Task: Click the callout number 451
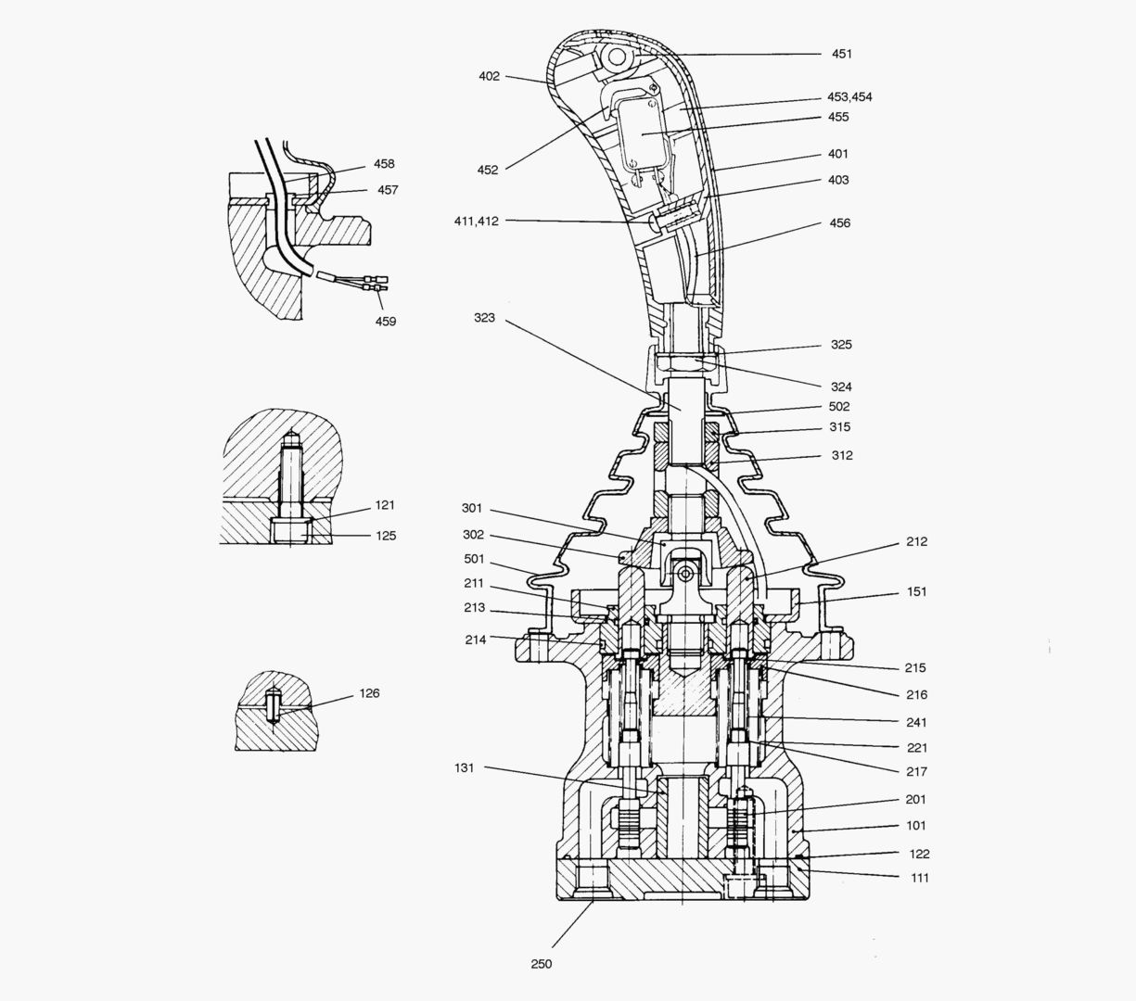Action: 841,54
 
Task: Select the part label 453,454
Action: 849,96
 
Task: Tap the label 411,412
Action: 477,221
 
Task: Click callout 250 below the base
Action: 542,964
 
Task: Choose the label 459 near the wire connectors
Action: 385,321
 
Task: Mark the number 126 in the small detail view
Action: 368,692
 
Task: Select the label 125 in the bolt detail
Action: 386,535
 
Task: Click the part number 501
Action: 474,559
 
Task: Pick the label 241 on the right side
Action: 916,722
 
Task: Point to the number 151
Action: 916,591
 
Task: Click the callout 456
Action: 839,222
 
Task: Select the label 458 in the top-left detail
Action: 384,164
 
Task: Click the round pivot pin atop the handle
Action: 613,57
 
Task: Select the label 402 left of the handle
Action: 489,76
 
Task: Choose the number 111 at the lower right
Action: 918,878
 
